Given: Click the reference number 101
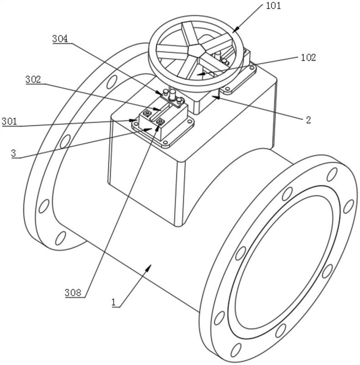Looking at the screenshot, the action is tap(273, 5).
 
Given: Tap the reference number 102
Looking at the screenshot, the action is tap(309, 57).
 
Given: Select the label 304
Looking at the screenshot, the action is tap(60, 39).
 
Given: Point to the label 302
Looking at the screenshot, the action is tap(33, 79).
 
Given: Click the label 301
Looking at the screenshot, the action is tap(9, 121).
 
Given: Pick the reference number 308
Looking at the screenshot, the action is tap(73, 292).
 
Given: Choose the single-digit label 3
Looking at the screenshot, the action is tap(14, 153).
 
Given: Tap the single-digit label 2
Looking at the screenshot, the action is tap(309, 120).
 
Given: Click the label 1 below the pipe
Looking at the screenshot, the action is tap(113, 302).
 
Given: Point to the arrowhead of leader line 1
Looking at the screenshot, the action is tap(149, 268).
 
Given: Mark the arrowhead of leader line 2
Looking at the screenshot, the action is tap(215, 97).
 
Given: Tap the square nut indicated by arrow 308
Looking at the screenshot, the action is tap(160, 121).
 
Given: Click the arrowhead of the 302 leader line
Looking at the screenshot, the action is tap(157, 109).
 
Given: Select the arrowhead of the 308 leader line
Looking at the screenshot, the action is tap(158, 128).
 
